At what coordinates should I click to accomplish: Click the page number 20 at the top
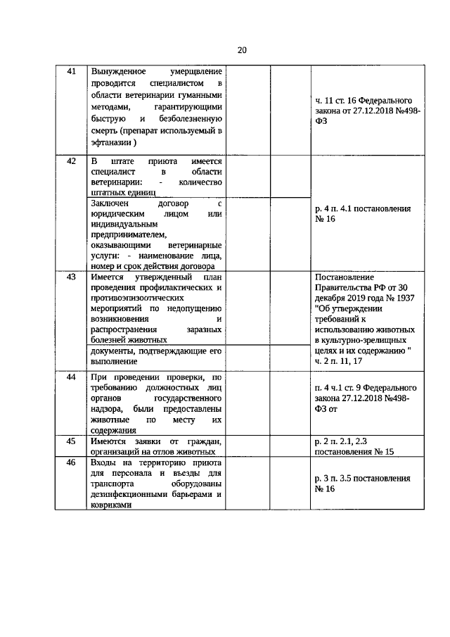point(242,50)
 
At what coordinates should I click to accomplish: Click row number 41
point(70,72)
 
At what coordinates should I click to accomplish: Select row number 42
point(70,160)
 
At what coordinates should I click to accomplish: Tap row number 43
point(70,277)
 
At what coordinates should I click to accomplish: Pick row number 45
point(70,441)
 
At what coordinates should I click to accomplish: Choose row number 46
point(70,463)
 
